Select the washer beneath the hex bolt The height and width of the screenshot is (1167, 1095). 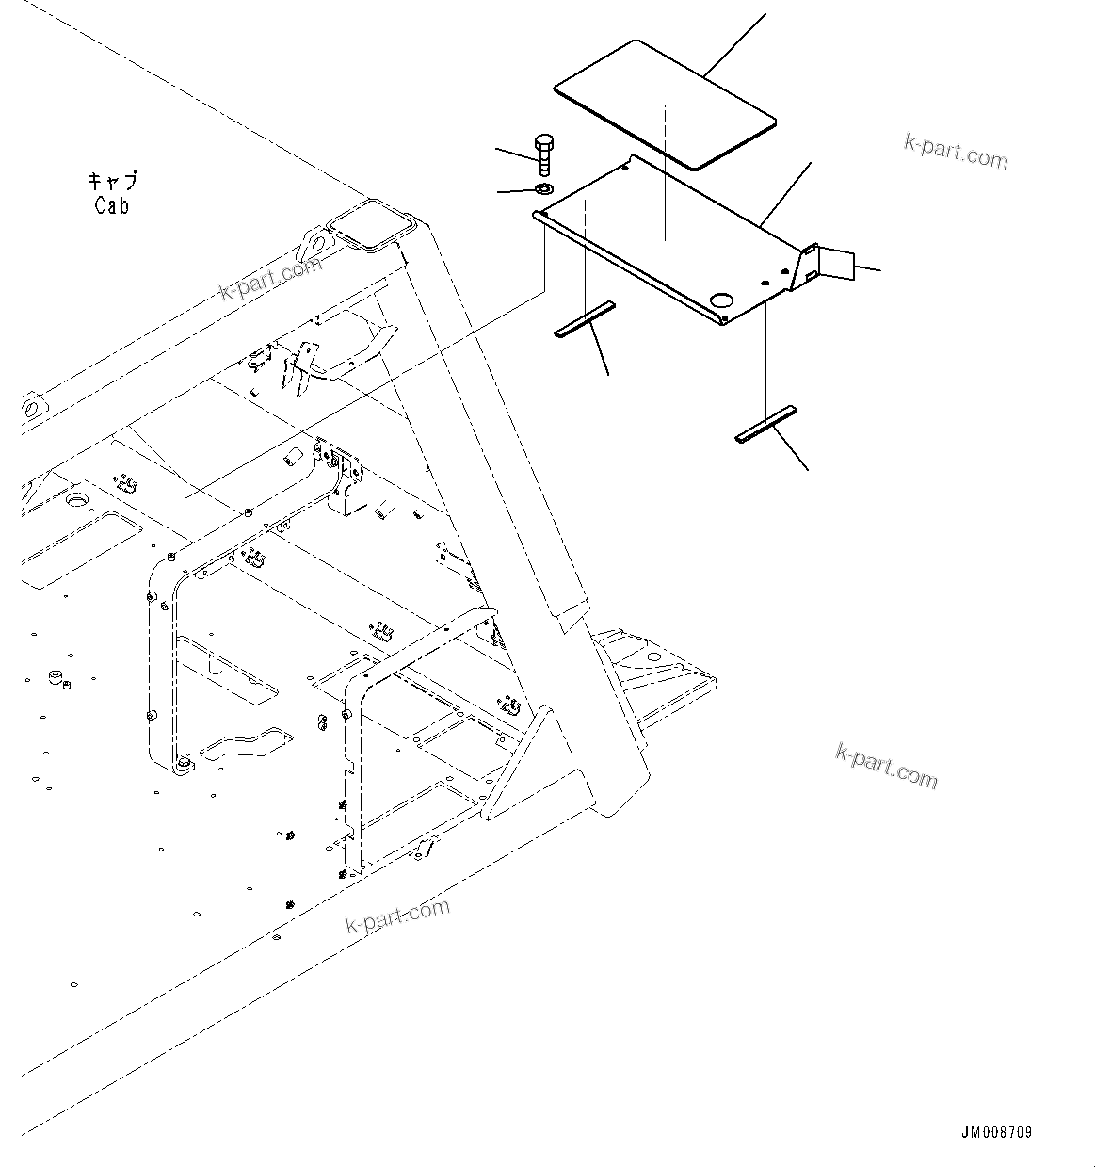544,190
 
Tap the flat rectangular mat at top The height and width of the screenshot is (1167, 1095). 665,104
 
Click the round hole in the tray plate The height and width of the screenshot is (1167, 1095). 722,300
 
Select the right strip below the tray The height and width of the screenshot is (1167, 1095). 765,423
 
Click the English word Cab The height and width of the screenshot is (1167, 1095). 111,204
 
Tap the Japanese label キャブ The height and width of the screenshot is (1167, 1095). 112,180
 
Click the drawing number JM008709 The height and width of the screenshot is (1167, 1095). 996,1132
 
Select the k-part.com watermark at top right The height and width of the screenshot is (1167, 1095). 955,151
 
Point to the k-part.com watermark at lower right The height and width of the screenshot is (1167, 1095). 886,765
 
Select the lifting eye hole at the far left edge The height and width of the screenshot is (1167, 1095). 31,410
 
